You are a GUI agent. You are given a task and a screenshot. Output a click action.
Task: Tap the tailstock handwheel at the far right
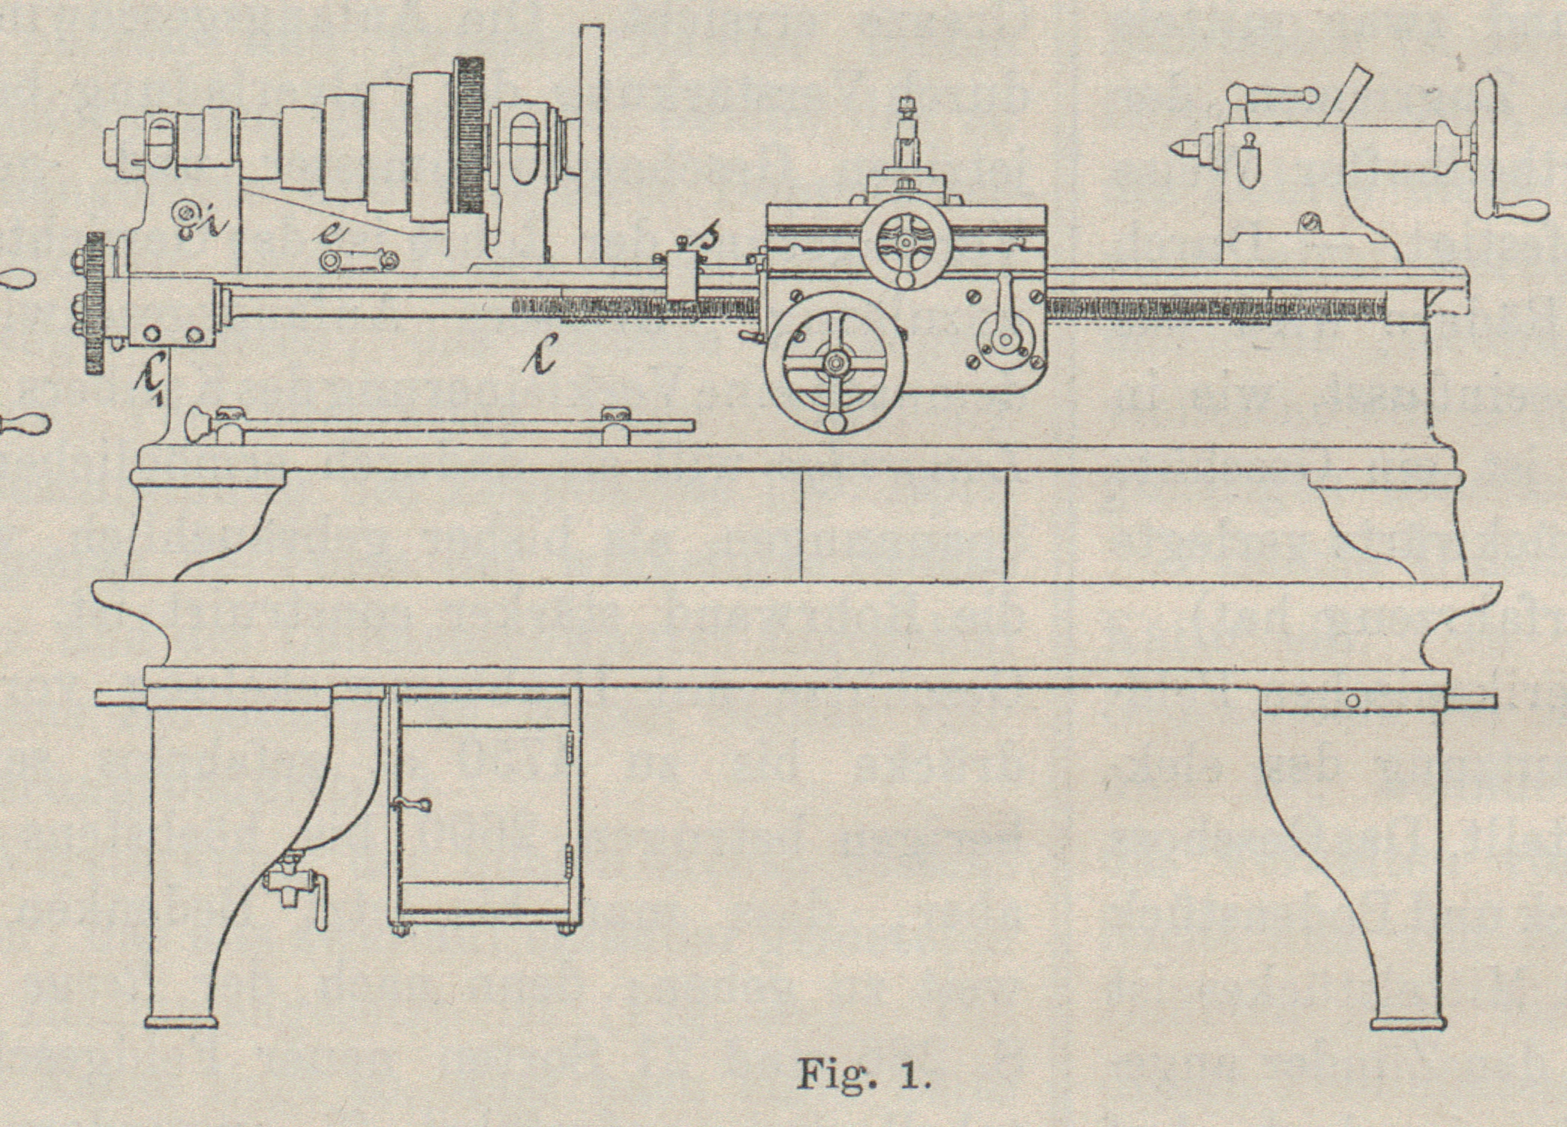click(1484, 150)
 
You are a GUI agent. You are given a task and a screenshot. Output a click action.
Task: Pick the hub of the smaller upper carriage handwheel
click(906, 243)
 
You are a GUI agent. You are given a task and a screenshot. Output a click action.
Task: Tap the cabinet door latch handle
click(411, 805)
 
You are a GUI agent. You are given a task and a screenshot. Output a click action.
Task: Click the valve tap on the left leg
click(296, 886)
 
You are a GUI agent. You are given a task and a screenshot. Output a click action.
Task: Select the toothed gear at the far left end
click(94, 300)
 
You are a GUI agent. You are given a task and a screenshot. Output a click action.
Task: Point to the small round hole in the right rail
click(1352, 701)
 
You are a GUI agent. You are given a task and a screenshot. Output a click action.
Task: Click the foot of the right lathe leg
click(1407, 1022)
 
